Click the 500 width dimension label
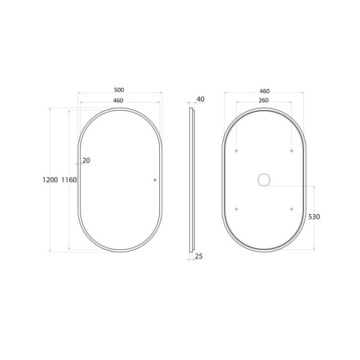[119, 90]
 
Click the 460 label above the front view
[118, 100]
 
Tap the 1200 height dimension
[50, 180]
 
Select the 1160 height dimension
[69, 180]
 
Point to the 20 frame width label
[86, 161]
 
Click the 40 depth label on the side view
[200, 99]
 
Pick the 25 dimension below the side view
[199, 256]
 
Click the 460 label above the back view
[265, 91]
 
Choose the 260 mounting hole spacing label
[264, 100]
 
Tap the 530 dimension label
[314, 217]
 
